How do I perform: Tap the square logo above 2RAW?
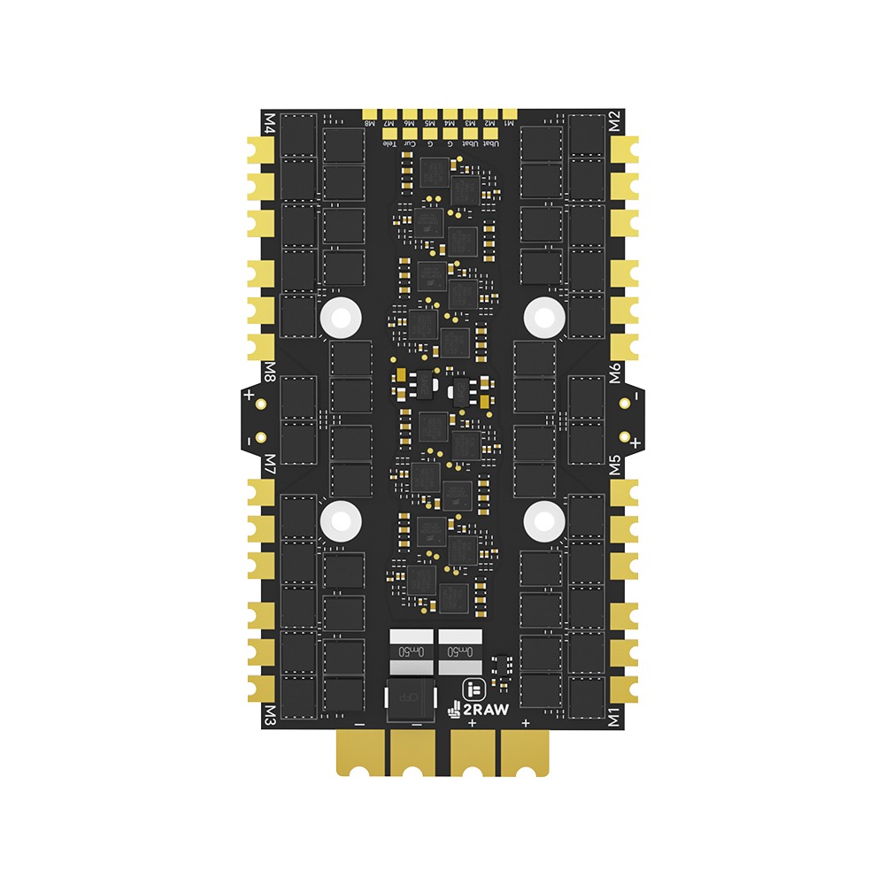[x=473, y=687]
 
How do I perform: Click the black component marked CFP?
[x=408, y=698]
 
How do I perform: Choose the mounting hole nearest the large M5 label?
[x=543, y=520]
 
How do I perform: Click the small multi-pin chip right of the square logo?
[x=501, y=666]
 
